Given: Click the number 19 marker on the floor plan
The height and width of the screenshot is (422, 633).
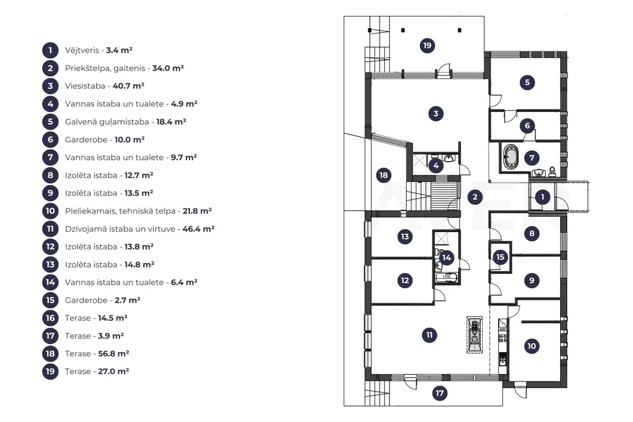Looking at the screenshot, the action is point(427,46).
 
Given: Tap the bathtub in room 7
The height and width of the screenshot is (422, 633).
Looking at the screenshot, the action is point(511,156).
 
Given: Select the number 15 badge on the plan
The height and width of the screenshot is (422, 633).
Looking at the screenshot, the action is point(500,257).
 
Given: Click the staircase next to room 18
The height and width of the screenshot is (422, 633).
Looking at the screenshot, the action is point(433,196).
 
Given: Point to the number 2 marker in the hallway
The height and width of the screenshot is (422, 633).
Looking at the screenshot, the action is point(475,197).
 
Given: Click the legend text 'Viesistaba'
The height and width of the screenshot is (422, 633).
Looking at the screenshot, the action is point(85,86).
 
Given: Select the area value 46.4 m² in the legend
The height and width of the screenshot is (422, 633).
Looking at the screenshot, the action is point(198,229).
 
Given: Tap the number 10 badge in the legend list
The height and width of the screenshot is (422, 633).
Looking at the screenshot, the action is point(50,211).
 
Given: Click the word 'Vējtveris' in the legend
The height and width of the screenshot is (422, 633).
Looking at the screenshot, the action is point(82,51).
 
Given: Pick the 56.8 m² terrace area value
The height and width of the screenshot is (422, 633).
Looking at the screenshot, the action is point(113,354).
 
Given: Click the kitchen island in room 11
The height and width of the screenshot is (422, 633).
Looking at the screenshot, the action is point(474,335).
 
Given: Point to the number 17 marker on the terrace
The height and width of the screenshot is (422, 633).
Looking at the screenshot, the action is point(440,393).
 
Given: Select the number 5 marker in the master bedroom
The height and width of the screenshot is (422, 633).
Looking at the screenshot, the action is point(527,82).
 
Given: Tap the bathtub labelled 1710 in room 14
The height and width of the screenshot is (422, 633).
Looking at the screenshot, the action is point(446,278).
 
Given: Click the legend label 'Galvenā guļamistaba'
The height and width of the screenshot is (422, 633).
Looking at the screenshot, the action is point(107,122).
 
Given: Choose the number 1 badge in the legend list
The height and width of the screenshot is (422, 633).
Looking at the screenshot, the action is point(50,51).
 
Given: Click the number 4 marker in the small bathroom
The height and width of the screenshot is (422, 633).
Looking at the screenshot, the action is point(435,165).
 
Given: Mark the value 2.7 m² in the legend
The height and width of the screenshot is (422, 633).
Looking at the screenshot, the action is point(128,300).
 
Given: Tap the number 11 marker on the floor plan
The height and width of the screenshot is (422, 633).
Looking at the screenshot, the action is point(429,335).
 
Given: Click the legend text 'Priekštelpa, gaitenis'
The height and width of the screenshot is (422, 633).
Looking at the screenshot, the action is point(105,68).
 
